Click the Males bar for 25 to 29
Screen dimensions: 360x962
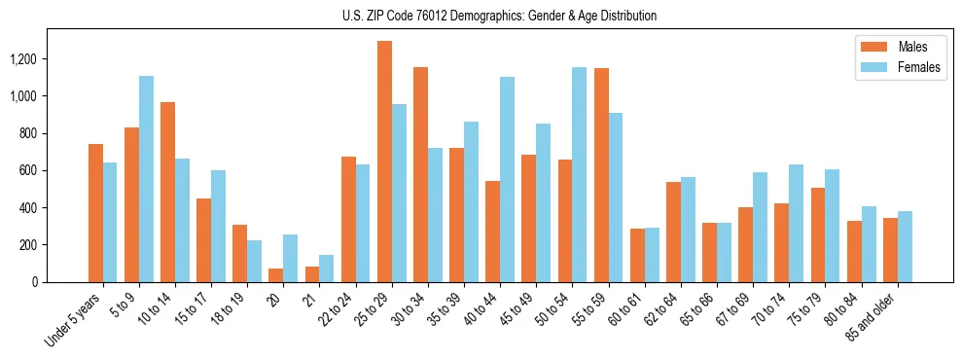384,162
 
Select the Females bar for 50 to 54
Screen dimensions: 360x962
579,175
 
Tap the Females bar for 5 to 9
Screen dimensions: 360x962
146,179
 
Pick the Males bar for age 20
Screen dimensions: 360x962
276,275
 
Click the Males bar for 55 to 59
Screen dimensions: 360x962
601,175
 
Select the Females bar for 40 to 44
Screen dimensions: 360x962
507,180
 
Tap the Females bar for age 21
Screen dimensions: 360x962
327,269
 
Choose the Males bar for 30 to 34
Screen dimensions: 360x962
420,175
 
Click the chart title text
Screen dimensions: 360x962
500,16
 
